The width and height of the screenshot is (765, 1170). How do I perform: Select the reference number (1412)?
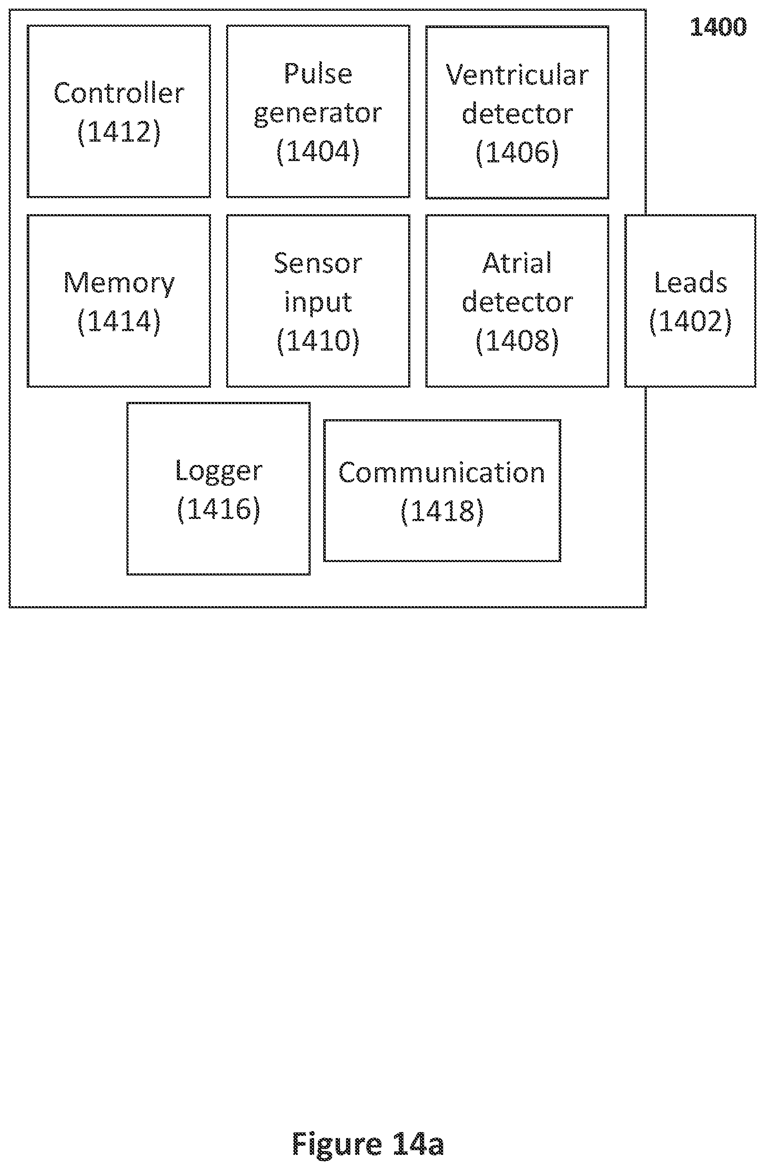pyautogui.click(x=119, y=132)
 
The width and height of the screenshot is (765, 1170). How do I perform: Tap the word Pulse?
pyautogui.click(x=318, y=73)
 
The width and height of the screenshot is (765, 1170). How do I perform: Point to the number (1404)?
pyautogui.click(x=318, y=151)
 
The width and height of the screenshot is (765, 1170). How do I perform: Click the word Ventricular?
pyautogui.click(x=517, y=75)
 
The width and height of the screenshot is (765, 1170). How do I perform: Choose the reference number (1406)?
pyautogui.click(x=517, y=152)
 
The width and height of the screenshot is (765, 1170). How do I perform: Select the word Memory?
pyautogui.click(x=119, y=284)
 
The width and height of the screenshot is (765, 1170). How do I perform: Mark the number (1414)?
pyautogui.click(x=119, y=322)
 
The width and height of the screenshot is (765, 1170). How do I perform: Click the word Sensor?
pyautogui.click(x=318, y=263)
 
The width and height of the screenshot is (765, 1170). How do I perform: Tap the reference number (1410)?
pyautogui.click(x=318, y=340)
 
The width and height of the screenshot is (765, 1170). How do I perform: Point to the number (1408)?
pyautogui.click(x=517, y=340)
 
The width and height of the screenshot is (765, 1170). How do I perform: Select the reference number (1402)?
pyautogui.click(x=690, y=322)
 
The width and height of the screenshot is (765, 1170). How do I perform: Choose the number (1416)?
pyautogui.click(x=219, y=509)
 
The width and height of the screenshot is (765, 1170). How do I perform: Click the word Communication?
pyautogui.click(x=442, y=473)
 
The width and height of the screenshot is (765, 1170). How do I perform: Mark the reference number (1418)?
pyautogui.click(x=442, y=511)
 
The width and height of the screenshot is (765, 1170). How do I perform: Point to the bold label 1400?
pyautogui.click(x=718, y=27)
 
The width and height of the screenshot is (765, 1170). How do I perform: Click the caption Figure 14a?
pyautogui.click(x=368, y=1144)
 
